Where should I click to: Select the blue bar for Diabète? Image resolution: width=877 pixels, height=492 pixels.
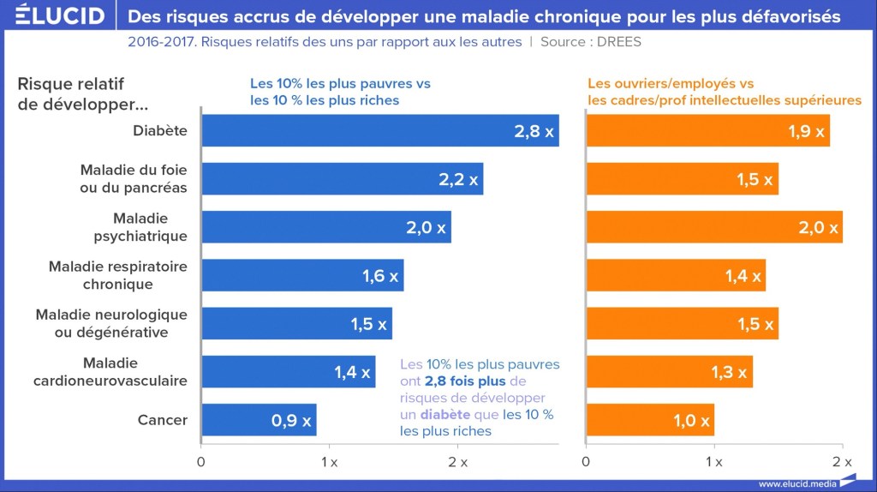[379, 131]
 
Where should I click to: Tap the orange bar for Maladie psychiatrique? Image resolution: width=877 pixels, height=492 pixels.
[713, 227]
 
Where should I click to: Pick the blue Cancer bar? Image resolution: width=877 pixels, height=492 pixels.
[259, 420]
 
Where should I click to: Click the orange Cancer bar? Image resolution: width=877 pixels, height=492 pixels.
[649, 420]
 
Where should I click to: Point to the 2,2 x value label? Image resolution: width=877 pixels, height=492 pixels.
[459, 180]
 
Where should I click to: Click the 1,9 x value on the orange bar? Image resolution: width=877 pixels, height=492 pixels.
[806, 132]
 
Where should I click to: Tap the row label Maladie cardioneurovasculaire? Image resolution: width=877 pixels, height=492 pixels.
[110, 371]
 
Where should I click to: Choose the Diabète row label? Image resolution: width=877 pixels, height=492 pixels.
[160, 131]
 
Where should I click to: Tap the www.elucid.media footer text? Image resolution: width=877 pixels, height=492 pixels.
[797, 483]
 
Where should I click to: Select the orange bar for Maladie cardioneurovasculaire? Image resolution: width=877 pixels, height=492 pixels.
[669, 372]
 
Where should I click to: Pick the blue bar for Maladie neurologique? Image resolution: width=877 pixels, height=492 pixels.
[296, 324]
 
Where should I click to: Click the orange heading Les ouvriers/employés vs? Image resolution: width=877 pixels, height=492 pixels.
[671, 83]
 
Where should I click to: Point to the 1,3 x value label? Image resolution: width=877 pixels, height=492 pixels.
[729, 373]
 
